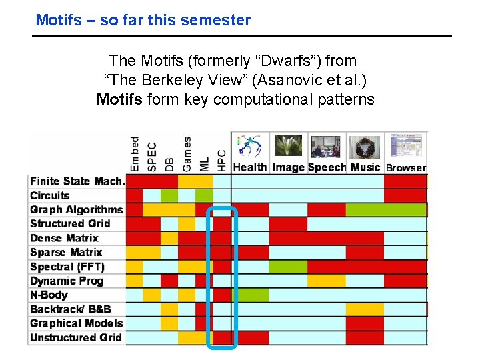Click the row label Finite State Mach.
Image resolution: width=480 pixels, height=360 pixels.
77,181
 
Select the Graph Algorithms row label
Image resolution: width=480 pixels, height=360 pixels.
77,209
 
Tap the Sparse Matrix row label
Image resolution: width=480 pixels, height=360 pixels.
66,252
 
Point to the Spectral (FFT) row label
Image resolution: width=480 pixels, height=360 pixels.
67,266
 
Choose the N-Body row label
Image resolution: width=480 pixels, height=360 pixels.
49,295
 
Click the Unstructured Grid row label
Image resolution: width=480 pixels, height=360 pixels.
76,337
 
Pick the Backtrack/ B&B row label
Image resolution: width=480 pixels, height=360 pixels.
71,309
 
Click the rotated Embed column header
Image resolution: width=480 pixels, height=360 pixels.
135,154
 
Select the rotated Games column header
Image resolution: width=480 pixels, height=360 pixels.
187,154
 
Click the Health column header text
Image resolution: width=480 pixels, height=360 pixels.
250,167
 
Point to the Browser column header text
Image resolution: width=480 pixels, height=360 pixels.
406,167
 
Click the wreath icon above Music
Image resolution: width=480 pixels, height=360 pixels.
365,146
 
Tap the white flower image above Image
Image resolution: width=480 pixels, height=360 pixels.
288,145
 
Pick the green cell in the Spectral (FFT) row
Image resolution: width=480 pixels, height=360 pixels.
288,266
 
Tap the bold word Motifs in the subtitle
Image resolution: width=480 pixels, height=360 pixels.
119,100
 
